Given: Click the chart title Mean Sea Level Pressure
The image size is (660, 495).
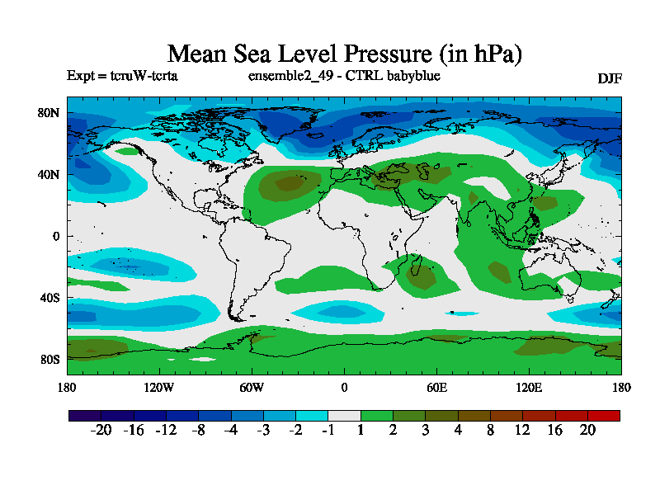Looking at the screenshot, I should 345,54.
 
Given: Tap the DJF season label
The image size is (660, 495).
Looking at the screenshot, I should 609,78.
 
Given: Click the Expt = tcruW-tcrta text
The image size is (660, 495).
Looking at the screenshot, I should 122,76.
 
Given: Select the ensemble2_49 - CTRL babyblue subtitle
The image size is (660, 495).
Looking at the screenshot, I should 344,76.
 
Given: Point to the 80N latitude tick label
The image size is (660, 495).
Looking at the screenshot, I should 49,113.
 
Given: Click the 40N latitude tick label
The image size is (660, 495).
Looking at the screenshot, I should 49,174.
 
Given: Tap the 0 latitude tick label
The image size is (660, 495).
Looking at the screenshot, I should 56,236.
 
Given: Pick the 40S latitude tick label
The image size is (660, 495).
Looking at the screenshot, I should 49,297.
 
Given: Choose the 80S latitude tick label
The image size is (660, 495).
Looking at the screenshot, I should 49,359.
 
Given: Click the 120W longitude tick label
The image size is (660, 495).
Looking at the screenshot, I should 158,388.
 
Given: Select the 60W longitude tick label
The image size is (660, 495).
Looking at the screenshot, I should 252,388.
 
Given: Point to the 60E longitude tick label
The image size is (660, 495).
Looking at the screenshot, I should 436,388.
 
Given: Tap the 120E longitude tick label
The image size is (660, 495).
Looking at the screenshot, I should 529,388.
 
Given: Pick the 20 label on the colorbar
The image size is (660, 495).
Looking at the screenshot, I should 587,430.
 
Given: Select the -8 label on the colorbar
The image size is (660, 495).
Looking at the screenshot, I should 198,430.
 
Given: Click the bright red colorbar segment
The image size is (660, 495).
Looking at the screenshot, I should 603,415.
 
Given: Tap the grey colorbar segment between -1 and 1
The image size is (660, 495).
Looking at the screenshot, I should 344,415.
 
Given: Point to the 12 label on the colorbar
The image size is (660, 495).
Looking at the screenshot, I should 522,430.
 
